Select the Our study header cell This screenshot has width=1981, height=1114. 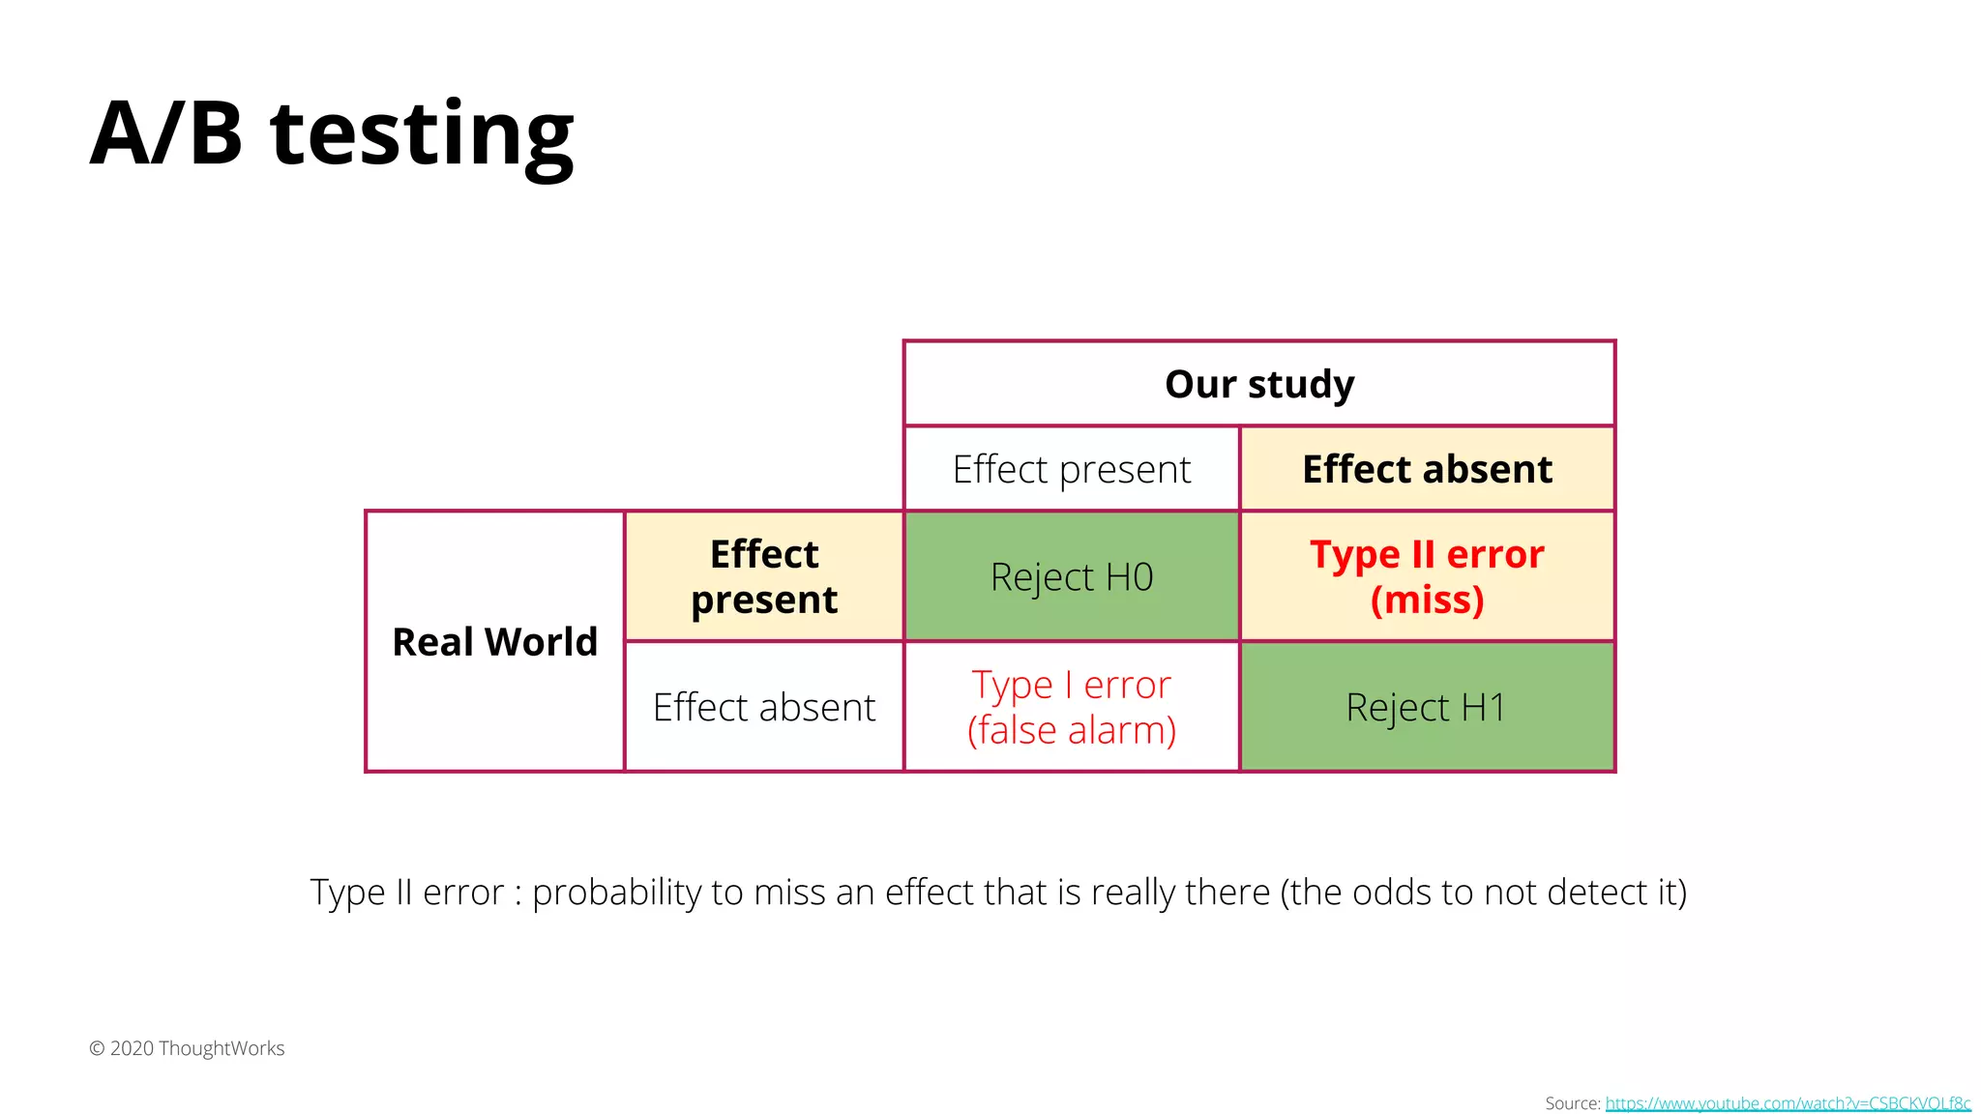click(1259, 384)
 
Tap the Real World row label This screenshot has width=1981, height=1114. click(495, 642)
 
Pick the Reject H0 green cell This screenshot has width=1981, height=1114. click(1072, 577)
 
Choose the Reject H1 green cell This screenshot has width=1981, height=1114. click(1427, 707)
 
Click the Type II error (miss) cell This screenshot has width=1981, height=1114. click(1427, 576)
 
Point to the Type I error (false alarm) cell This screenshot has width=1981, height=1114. click(1072, 707)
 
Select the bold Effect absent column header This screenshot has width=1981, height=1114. click(1427, 469)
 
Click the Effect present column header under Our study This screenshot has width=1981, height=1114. click(1072, 469)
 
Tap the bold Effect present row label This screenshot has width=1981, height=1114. click(764, 576)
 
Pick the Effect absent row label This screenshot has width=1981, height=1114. click(764, 707)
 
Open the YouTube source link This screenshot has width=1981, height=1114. click(1788, 1103)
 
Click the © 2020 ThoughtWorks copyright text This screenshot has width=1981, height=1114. click(187, 1048)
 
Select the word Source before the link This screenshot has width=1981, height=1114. click(1572, 1103)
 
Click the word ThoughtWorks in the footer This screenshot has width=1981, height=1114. click(222, 1048)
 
